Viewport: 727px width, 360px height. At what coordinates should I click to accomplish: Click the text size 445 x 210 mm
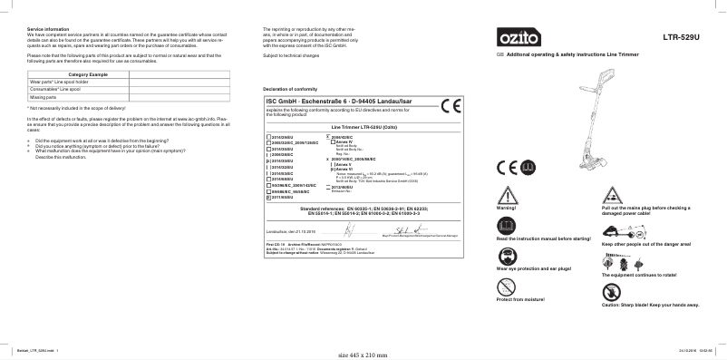[x=363, y=355]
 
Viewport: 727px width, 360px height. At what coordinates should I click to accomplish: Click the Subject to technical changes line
[x=291, y=55]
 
